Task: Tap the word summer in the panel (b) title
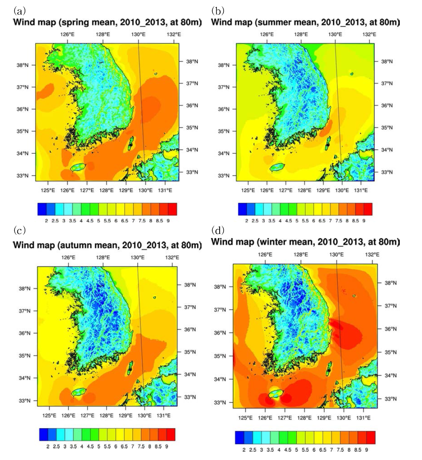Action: [270, 23]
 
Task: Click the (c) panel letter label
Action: [19, 231]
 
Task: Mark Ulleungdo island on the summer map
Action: [352, 74]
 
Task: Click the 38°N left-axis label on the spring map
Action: [22, 65]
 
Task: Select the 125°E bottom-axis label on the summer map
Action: [248, 190]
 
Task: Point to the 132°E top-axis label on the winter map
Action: [372, 255]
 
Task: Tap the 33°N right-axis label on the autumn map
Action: [190, 397]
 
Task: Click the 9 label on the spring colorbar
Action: [168, 221]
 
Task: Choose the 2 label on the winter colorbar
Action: [244, 450]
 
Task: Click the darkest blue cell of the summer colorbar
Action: [242, 209]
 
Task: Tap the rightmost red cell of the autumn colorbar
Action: [171, 434]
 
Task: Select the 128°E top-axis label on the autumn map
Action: [103, 257]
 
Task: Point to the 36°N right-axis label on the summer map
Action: [387, 105]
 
